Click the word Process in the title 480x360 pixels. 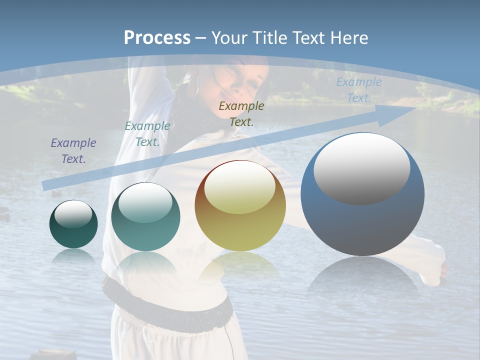(157, 38)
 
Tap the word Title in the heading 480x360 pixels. (268, 38)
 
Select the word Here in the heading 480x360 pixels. (350, 38)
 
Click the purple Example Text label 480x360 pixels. (73, 151)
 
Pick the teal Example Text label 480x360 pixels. (147, 134)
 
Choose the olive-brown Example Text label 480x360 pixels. (241, 113)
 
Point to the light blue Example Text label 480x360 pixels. (358, 90)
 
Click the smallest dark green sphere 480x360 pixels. (73, 224)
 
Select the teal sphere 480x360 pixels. (145, 217)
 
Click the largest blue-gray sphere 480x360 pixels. (362, 195)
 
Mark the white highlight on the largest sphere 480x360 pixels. (362, 168)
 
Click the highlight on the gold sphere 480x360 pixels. (240, 188)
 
